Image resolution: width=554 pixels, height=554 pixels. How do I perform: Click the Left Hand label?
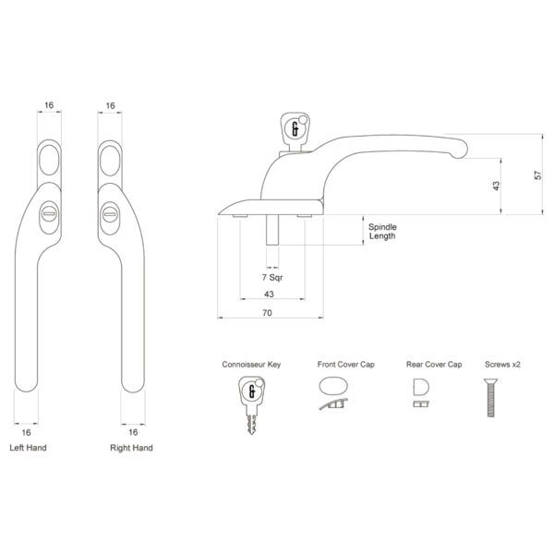pos(27,448)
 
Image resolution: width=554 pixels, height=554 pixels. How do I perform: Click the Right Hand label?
pos(131,448)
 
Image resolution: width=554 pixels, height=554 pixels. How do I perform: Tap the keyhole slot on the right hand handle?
pos(109,214)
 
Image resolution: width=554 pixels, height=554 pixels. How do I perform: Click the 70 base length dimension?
pos(267,314)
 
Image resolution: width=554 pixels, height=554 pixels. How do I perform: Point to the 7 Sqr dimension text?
pos(272,277)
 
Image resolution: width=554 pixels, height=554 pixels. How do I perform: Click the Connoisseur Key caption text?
pos(251,365)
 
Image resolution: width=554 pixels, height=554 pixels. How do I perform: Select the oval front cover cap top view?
pos(334,385)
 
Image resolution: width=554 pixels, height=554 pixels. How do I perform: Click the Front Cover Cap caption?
pos(334,365)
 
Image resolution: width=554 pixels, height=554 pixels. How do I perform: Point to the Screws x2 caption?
pos(502,365)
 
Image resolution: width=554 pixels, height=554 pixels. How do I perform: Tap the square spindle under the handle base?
pos(272,230)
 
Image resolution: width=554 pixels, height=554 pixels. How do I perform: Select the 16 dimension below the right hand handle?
pos(133,431)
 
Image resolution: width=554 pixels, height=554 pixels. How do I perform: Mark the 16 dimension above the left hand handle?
pos(49,106)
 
